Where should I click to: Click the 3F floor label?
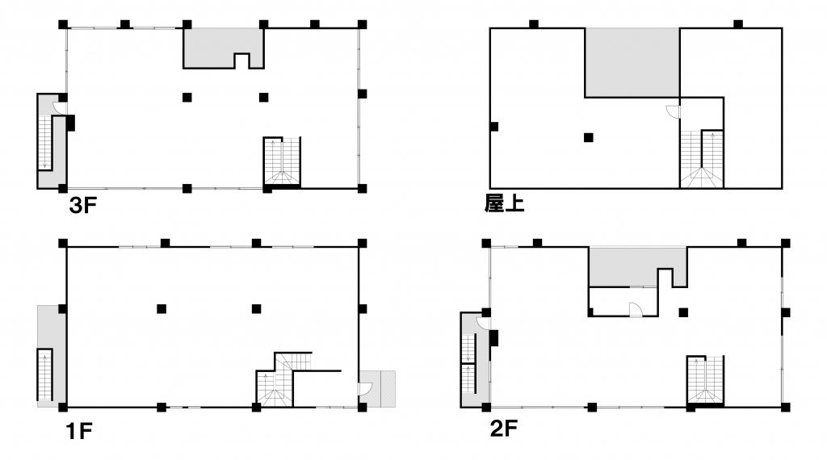pos(83,206)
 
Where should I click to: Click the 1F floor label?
pos(79,432)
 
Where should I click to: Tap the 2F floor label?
pos(504,429)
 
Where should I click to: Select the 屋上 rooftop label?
pos(504,203)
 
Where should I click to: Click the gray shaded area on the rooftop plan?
pos(632,63)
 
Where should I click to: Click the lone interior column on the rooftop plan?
pos(589,137)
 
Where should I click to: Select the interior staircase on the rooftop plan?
pos(702,159)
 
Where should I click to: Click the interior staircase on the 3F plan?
pos(282,162)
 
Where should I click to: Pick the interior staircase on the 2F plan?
pos(705,381)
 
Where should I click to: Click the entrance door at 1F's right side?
pos(366,389)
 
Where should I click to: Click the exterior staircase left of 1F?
pos(45,374)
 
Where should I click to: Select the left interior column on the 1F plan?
pos(162,309)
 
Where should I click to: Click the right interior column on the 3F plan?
pos(264,98)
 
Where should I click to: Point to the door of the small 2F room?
pos(636,309)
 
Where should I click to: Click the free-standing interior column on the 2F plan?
pos(683,312)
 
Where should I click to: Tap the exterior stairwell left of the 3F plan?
pos(51,140)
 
